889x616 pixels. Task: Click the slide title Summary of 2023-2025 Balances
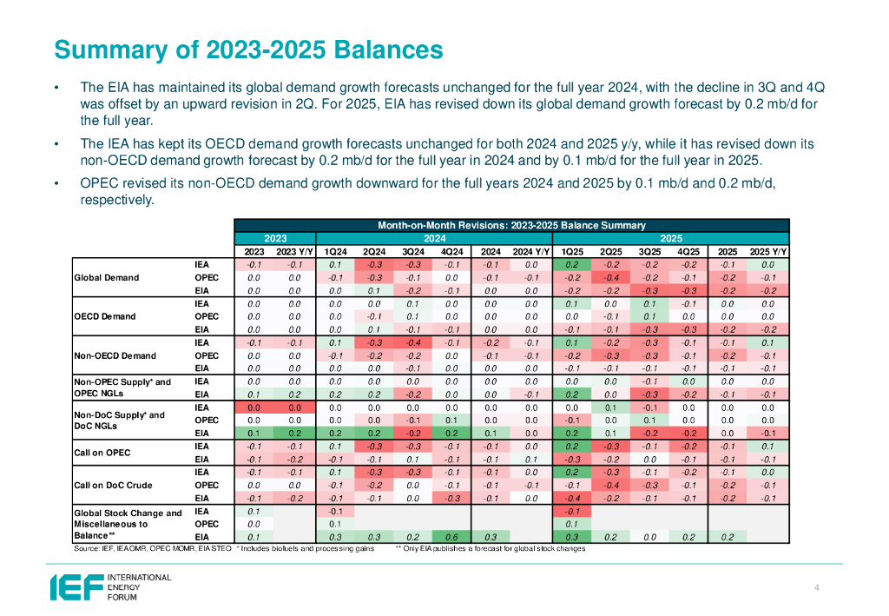click(248, 49)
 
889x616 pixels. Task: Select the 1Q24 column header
click(335, 251)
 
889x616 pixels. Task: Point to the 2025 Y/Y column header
click(768, 251)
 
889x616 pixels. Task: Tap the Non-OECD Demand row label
click(115, 355)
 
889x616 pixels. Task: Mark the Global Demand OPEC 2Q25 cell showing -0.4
click(610, 278)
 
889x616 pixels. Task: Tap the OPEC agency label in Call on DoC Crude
click(200, 486)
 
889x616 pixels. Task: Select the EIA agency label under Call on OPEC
click(201, 459)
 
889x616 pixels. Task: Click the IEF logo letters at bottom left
click(76, 587)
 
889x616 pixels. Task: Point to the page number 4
click(817, 588)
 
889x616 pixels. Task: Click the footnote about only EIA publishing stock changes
click(491, 549)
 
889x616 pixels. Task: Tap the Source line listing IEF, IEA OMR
click(151, 549)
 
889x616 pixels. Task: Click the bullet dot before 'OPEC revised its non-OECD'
click(56, 183)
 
